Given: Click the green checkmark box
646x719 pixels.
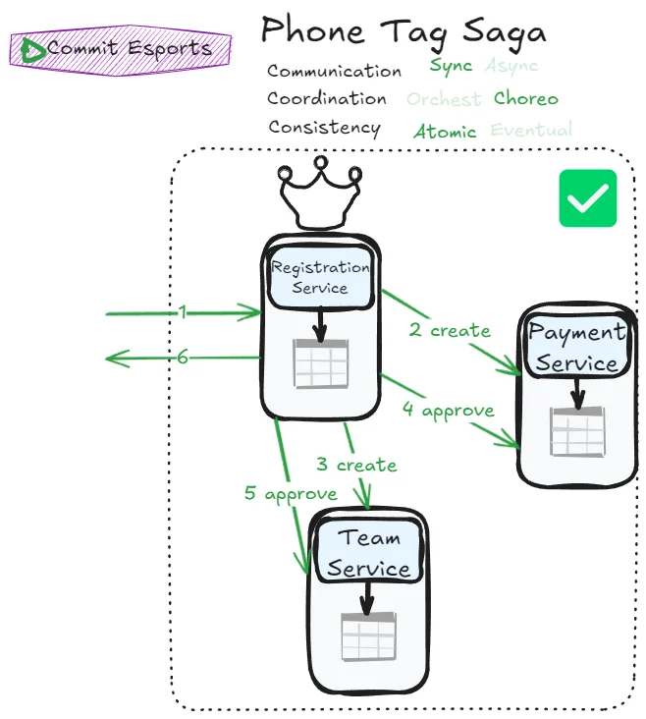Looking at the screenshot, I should pos(587,198).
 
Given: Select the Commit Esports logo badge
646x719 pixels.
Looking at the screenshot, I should pos(120,48).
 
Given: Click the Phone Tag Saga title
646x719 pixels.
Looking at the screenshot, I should pos(403,31).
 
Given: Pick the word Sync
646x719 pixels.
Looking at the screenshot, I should pos(451,67).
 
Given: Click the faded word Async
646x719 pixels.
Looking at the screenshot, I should pos(511,67).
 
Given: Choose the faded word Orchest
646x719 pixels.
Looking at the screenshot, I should pos(444,99).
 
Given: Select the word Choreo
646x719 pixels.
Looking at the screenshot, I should pos(526,98).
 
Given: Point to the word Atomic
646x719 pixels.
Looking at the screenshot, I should pos(445,132).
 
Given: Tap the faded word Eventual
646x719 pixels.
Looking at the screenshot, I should pos(531,130).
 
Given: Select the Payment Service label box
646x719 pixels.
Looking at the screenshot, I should pos(576,348).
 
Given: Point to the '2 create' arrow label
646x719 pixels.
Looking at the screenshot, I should pos(450,331).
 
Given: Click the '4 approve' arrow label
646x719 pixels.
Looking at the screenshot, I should pos(448,411).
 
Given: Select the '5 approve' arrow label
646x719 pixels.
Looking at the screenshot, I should pos(291,493).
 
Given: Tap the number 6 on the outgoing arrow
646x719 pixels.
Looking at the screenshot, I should pos(183,358).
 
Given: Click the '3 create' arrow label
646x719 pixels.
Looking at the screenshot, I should pos(356,465).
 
